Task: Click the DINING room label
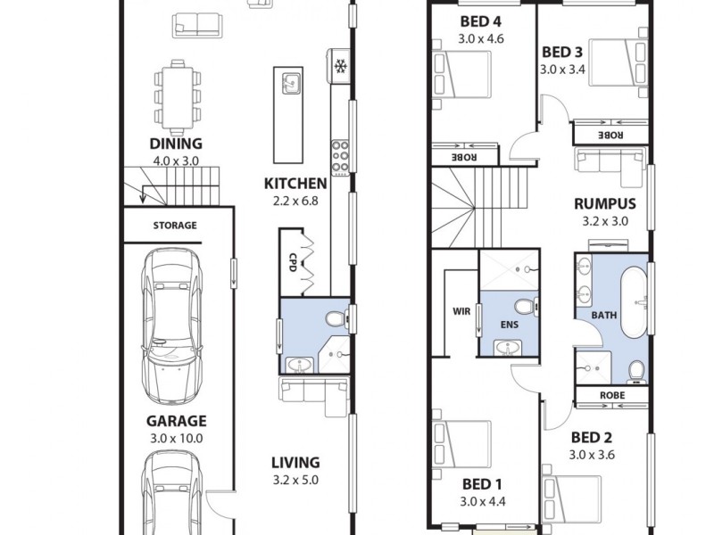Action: tap(175, 144)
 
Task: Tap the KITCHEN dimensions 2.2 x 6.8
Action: tap(295, 201)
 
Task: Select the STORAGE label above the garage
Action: tap(174, 226)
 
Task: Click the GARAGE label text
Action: tap(176, 421)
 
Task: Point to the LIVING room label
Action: tap(295, 462)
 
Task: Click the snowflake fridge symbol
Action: tap(339, 66)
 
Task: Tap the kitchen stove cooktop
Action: tap(340, 156)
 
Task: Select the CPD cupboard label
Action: tap(292, 260)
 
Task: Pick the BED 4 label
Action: tap(480, 22)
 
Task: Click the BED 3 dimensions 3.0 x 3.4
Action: tap(562, 67)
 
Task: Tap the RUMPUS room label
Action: tap(604, 204)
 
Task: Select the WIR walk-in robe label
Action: tap(461, 311)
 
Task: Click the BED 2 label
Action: tap(593, 437)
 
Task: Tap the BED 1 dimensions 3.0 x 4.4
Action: tap(483, 501)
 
